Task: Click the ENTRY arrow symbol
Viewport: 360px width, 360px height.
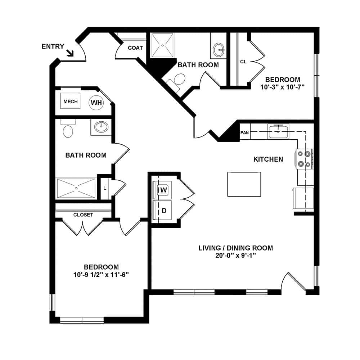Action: (70, 53)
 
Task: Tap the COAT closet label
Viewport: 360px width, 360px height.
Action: (135, 48)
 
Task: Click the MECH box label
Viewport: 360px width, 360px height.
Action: (71, 102)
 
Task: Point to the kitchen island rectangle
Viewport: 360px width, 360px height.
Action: (244, 184)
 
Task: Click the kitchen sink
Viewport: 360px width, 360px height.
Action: (278, 130)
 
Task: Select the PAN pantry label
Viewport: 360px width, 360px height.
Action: (245, 132)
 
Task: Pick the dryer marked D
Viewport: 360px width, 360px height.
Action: (163, 210)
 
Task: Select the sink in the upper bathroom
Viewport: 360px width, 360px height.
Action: (219, 50)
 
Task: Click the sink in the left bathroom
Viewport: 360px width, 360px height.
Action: (101, 127)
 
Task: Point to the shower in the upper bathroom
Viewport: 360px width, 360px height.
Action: (162, 45)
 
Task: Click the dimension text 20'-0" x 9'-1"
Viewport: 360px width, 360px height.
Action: (235, 256)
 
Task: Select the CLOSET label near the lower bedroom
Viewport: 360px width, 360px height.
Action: (83, 215)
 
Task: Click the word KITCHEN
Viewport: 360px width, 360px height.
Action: (268, 159)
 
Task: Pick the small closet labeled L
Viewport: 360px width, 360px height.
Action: (105, 188)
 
